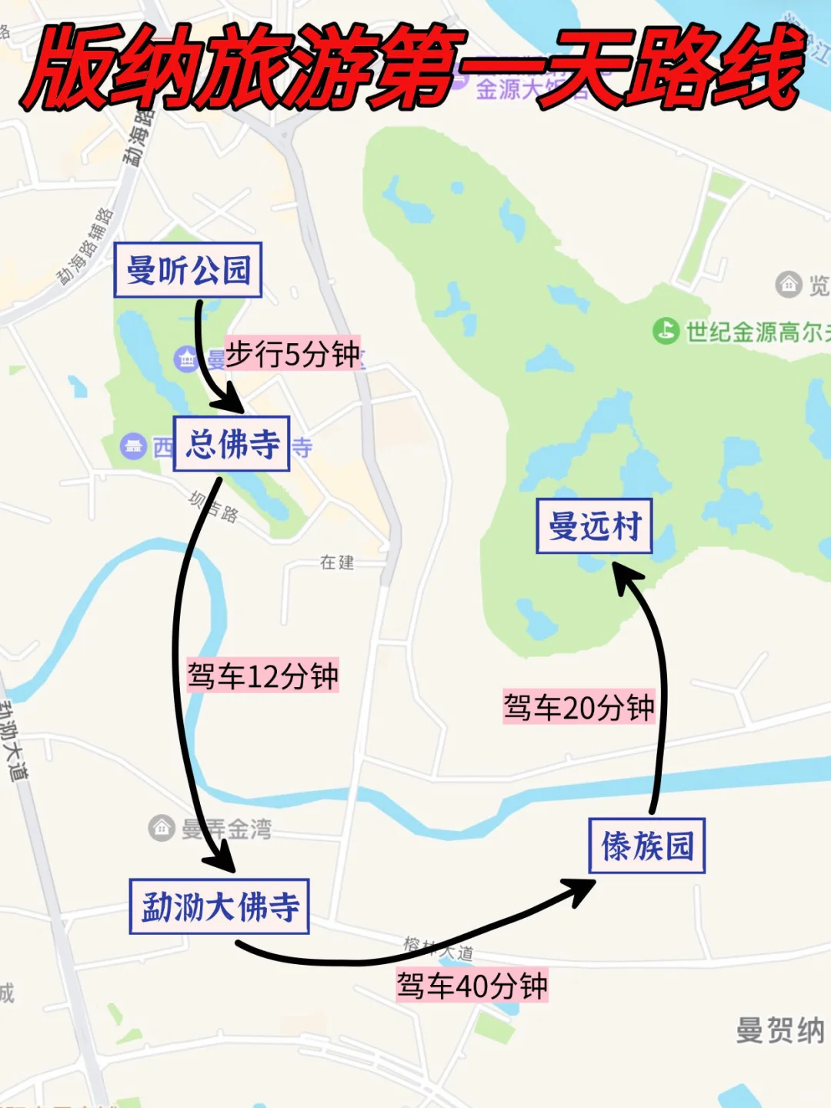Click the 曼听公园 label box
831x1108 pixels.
(188, 270)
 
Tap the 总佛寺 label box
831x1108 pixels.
(232, 444)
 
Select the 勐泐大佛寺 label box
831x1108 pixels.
(219, 906)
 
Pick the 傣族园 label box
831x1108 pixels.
(646, 846)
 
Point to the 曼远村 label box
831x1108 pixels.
(594, 526)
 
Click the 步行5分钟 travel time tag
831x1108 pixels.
(292, 354)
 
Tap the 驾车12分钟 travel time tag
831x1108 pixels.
(262, 676)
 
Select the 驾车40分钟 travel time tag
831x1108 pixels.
(472, 985)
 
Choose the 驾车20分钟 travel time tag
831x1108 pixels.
(579, 707)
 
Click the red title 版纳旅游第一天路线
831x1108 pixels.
(415, 68)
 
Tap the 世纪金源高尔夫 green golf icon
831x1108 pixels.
(666, 332)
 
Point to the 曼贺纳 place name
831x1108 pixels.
(779, 1030)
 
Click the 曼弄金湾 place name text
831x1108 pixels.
(227, 829)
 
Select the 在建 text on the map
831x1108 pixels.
(337, 562)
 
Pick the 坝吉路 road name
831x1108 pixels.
(214, 506)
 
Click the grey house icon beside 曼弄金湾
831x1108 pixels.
(162, 828)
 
